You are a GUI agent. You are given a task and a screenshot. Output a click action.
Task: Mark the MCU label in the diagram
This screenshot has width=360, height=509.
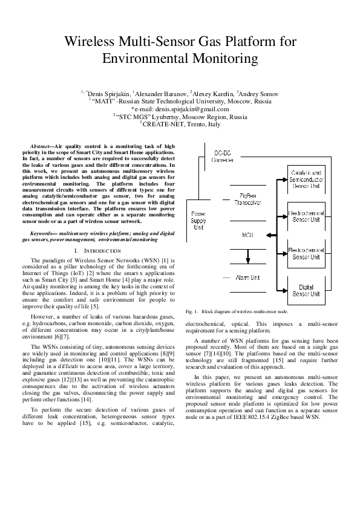point(247,234)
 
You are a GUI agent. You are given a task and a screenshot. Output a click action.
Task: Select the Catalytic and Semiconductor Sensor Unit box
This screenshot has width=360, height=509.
point(307,180)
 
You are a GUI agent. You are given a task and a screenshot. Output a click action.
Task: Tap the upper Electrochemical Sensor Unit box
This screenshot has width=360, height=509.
point(307,217)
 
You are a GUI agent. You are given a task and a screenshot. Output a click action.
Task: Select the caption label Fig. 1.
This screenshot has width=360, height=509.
point(192,311)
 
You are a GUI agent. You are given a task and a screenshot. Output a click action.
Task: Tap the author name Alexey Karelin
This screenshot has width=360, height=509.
point(212,94)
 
